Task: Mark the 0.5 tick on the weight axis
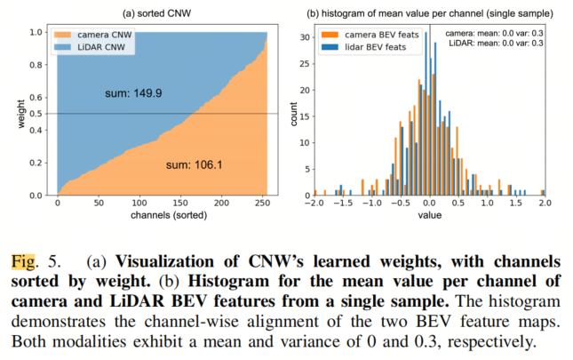pyautogui.click(x=35, y=114)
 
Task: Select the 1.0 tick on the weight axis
pyautogui.click(x=35, y=32)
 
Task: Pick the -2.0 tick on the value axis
pyautogui.click(x=315, y=204)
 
